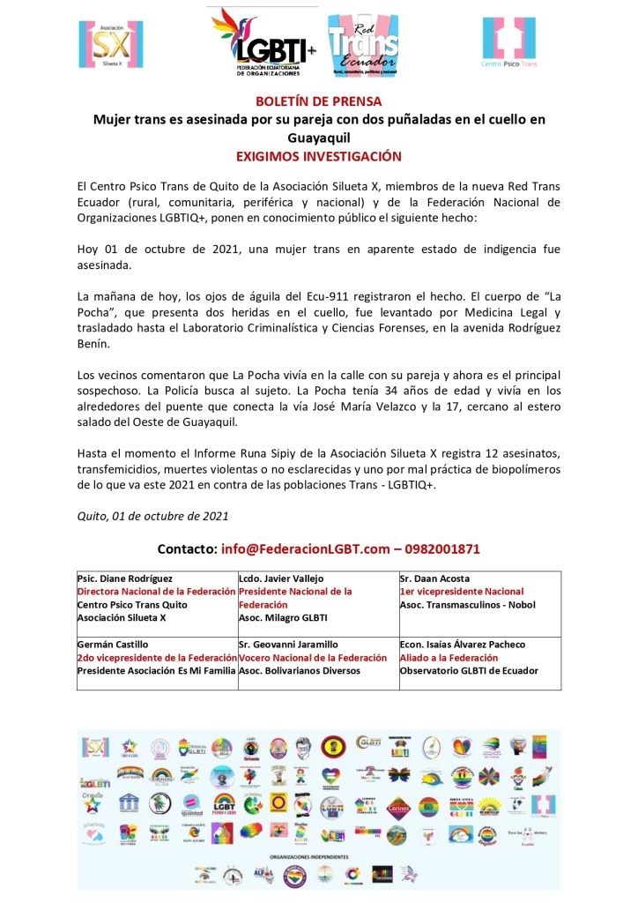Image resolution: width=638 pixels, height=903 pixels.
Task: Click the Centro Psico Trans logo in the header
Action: (x=508, y=44)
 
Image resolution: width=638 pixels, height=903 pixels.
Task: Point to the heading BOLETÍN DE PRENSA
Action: (x=318, y=101)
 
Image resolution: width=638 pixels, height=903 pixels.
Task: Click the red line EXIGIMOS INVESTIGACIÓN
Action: (x=318, y=156)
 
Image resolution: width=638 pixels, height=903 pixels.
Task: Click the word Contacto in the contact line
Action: (x=186, y=549)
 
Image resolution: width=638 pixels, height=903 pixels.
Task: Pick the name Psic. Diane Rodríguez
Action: (x=125, y=578)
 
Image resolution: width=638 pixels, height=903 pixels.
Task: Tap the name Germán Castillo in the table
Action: (x=112, y=645)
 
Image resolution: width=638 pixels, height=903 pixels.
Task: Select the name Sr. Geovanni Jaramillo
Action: (x=288, y=645)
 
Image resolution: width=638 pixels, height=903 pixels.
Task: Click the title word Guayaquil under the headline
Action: (x=318, y=138)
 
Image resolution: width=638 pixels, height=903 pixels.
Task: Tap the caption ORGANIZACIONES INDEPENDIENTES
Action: (x=319, y=855)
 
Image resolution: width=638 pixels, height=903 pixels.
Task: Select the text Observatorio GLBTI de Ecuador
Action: (x=468, y=671)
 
